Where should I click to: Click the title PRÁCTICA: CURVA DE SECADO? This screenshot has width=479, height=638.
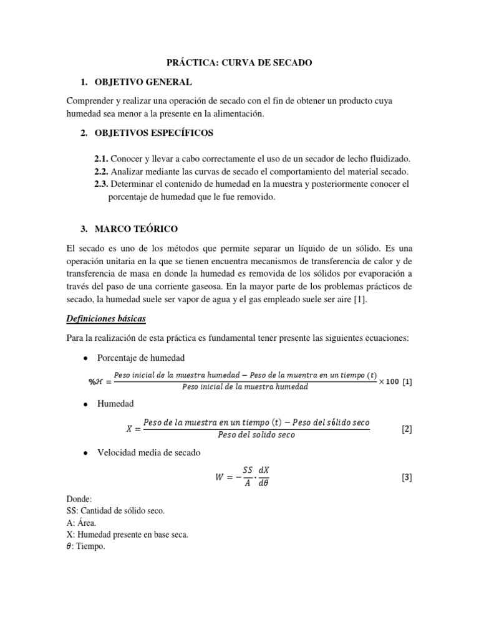239,63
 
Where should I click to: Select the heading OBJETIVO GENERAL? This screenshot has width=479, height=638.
143,82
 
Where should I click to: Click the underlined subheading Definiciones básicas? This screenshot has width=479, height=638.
105,318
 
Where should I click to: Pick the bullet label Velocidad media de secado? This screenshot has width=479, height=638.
148,453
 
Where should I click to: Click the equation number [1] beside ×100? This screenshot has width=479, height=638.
407,381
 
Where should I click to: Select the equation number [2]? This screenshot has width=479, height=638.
406,429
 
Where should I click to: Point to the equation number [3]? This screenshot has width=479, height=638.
406,478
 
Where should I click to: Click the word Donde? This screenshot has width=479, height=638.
79,499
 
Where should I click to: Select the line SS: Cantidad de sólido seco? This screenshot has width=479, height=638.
115,511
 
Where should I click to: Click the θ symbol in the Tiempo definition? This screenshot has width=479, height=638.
69,546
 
